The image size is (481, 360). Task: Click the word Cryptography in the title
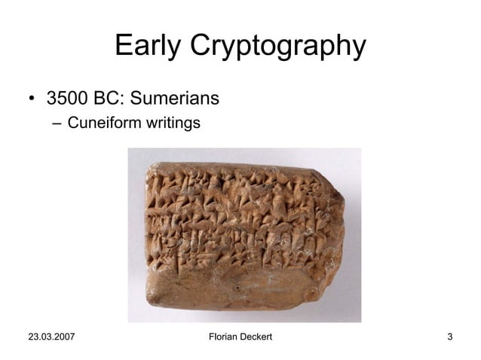(x=277, y=48)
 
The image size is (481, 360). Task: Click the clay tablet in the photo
(x=241, y=233)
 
